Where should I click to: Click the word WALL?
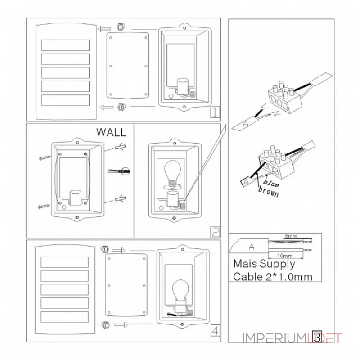112,132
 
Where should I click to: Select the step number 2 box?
215,232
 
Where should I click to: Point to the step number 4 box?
215,331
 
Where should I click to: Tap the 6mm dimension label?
291,236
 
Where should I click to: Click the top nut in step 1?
120,26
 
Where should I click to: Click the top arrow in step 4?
118,250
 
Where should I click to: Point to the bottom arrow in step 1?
106,107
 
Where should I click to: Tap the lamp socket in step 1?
182,87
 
